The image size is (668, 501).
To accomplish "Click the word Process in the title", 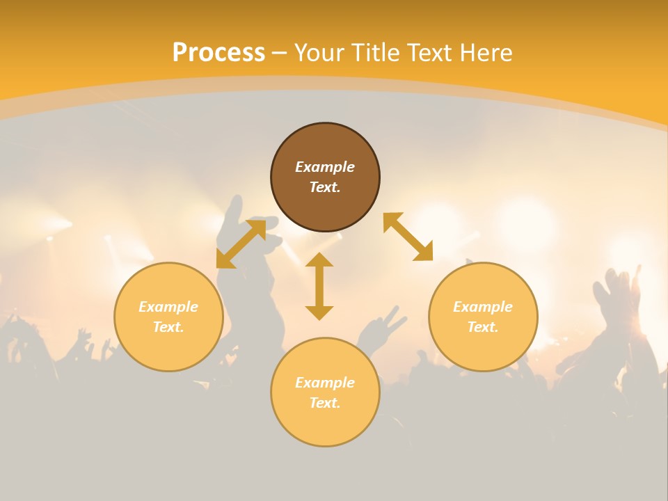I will point(218,53).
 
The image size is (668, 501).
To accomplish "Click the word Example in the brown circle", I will point(325,167).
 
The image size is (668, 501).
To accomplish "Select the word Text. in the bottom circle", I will point(325,403).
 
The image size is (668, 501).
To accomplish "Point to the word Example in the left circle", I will point(168,307).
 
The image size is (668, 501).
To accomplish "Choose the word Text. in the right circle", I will point(483,327).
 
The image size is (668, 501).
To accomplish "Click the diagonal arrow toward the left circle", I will point(241,244).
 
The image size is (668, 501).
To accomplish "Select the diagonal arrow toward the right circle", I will point(408,237).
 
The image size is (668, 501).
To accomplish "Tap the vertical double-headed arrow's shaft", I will point(319,286).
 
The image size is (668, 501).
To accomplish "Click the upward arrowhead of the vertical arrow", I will point(319,260).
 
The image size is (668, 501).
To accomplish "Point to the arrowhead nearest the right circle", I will point(424,252).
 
